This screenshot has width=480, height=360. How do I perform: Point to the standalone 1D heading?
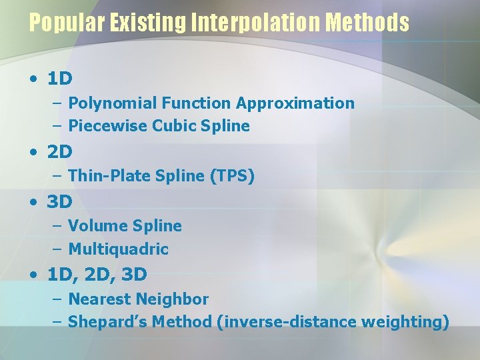60,79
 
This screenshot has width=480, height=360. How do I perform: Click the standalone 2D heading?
60,152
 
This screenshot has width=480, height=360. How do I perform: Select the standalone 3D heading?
60,201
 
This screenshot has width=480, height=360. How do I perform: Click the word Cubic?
173,126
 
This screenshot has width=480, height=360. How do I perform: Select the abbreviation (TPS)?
232,176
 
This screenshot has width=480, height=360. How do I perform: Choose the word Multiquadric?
119,249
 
